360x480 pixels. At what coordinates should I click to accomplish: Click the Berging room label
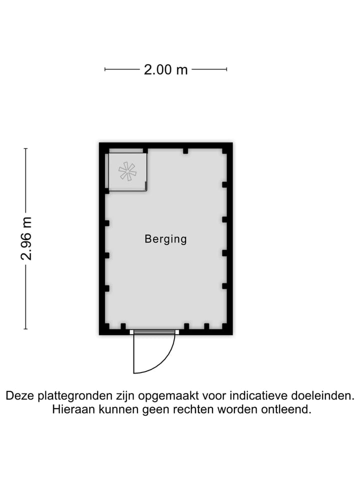[165, 239]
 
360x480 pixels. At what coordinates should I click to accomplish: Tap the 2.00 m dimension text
[165, 69]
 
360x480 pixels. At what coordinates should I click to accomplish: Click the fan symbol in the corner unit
[127, 171]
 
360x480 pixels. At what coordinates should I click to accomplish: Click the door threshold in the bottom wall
[154, 331]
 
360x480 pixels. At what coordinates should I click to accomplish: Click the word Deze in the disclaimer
[18, 396]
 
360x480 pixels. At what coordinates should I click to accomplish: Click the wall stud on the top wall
[185, 150]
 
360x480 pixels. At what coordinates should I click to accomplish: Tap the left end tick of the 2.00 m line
[105, 69]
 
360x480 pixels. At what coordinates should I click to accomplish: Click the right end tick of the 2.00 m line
[227, 69]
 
